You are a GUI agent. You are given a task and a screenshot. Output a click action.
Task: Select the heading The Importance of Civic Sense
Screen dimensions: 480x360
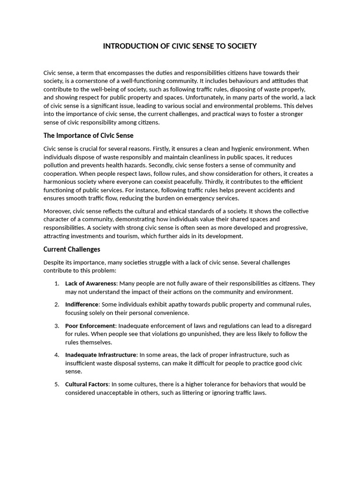pyautogui.click(x=88, y=135)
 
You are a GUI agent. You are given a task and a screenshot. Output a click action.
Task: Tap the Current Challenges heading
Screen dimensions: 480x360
pyautogui.click(x=72, y=249)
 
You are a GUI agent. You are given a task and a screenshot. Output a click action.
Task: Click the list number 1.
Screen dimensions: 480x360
pyautogui.click(x=56, y=284)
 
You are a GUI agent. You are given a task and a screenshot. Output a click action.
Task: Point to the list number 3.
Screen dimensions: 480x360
pyautogui.click(x=56, y=325)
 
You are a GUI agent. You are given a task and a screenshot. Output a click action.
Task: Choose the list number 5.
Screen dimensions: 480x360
pyautogui.click(x=56, y=384)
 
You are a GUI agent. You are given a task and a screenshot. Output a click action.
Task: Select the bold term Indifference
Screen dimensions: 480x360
pyautogui.click(x=82, y=304)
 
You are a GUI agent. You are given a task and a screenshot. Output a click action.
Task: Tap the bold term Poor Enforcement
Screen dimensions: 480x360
pyautogui.click(x=90, y=325)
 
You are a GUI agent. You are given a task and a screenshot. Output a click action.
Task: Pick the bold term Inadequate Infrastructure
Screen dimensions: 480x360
pyautogui.click(x=101, y=355)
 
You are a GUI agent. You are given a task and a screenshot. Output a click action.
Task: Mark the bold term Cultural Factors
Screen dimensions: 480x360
pyautogui.click(x=87, y=384)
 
